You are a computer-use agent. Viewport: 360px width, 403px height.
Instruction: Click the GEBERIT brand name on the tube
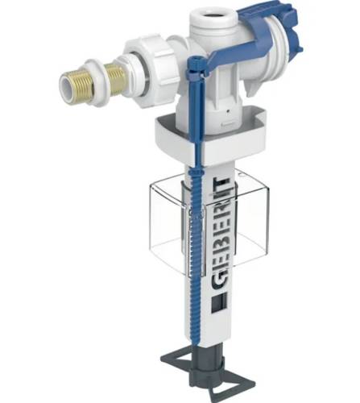click(220, 233)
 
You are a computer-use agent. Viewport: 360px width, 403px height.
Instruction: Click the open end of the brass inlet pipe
click(67, 87)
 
